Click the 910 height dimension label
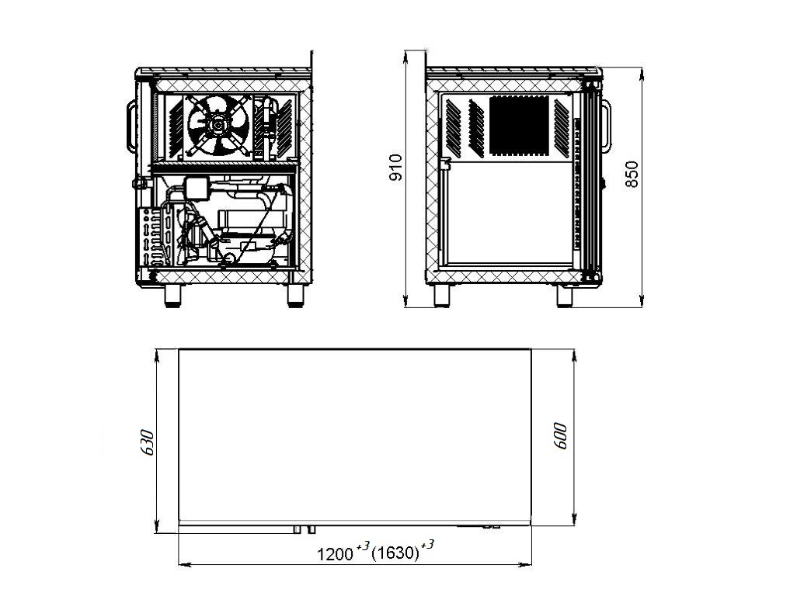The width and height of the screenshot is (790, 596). click(396, 167)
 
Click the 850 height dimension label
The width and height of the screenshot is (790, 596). click(632, 174)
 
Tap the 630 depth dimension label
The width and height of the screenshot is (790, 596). click(147, 442)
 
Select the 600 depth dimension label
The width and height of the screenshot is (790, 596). click(560, 436)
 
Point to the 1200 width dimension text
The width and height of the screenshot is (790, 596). click(335, 554)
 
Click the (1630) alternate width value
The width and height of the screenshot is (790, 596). click(395, 553)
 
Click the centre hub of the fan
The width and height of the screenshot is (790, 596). click(218, 124)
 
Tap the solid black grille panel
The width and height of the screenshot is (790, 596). click(519, 126)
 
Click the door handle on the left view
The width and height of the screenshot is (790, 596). click(131, 126)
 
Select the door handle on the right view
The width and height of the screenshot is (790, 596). click(607, 126)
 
